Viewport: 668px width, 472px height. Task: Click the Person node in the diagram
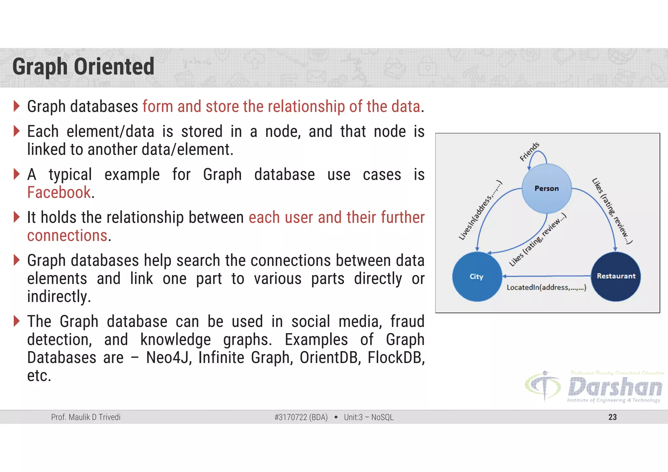547,189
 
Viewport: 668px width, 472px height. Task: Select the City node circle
477,277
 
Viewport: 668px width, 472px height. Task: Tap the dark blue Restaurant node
616,276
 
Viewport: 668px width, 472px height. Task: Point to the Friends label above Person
529,152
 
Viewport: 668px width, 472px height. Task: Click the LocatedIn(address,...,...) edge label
546,287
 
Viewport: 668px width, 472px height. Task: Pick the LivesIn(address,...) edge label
480,210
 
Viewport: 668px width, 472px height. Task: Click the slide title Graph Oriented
83,67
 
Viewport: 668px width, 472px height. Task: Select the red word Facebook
59,192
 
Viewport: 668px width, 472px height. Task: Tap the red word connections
67,236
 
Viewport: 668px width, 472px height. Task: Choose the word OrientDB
330,358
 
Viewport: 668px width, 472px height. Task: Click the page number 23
612,417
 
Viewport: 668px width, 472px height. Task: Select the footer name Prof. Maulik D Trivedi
86,417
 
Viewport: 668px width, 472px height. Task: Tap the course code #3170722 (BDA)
301,417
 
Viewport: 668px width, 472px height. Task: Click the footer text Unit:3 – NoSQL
369,417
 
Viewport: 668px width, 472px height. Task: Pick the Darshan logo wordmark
615,387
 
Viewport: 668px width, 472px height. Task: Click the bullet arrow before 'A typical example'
17,174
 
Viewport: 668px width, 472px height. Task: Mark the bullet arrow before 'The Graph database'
17,321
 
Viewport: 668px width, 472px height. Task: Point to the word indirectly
59,297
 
